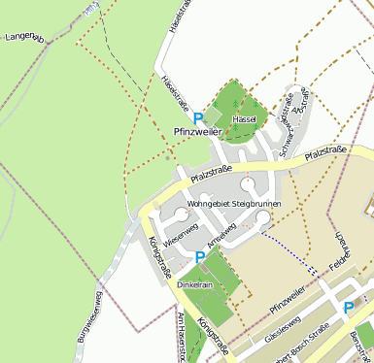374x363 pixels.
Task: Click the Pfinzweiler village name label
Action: (198, 131)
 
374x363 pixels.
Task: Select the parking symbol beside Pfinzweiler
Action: (199, 116)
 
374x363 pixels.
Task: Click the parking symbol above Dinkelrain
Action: (199, 257)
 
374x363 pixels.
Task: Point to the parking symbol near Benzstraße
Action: (348, 308)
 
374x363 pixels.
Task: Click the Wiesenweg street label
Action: (181, 234)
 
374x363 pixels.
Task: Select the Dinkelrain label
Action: (196, 286)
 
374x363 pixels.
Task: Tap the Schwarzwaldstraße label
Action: (288, 125)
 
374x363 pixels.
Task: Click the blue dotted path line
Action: (290, 248)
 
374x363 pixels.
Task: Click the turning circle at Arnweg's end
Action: (262, 216)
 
